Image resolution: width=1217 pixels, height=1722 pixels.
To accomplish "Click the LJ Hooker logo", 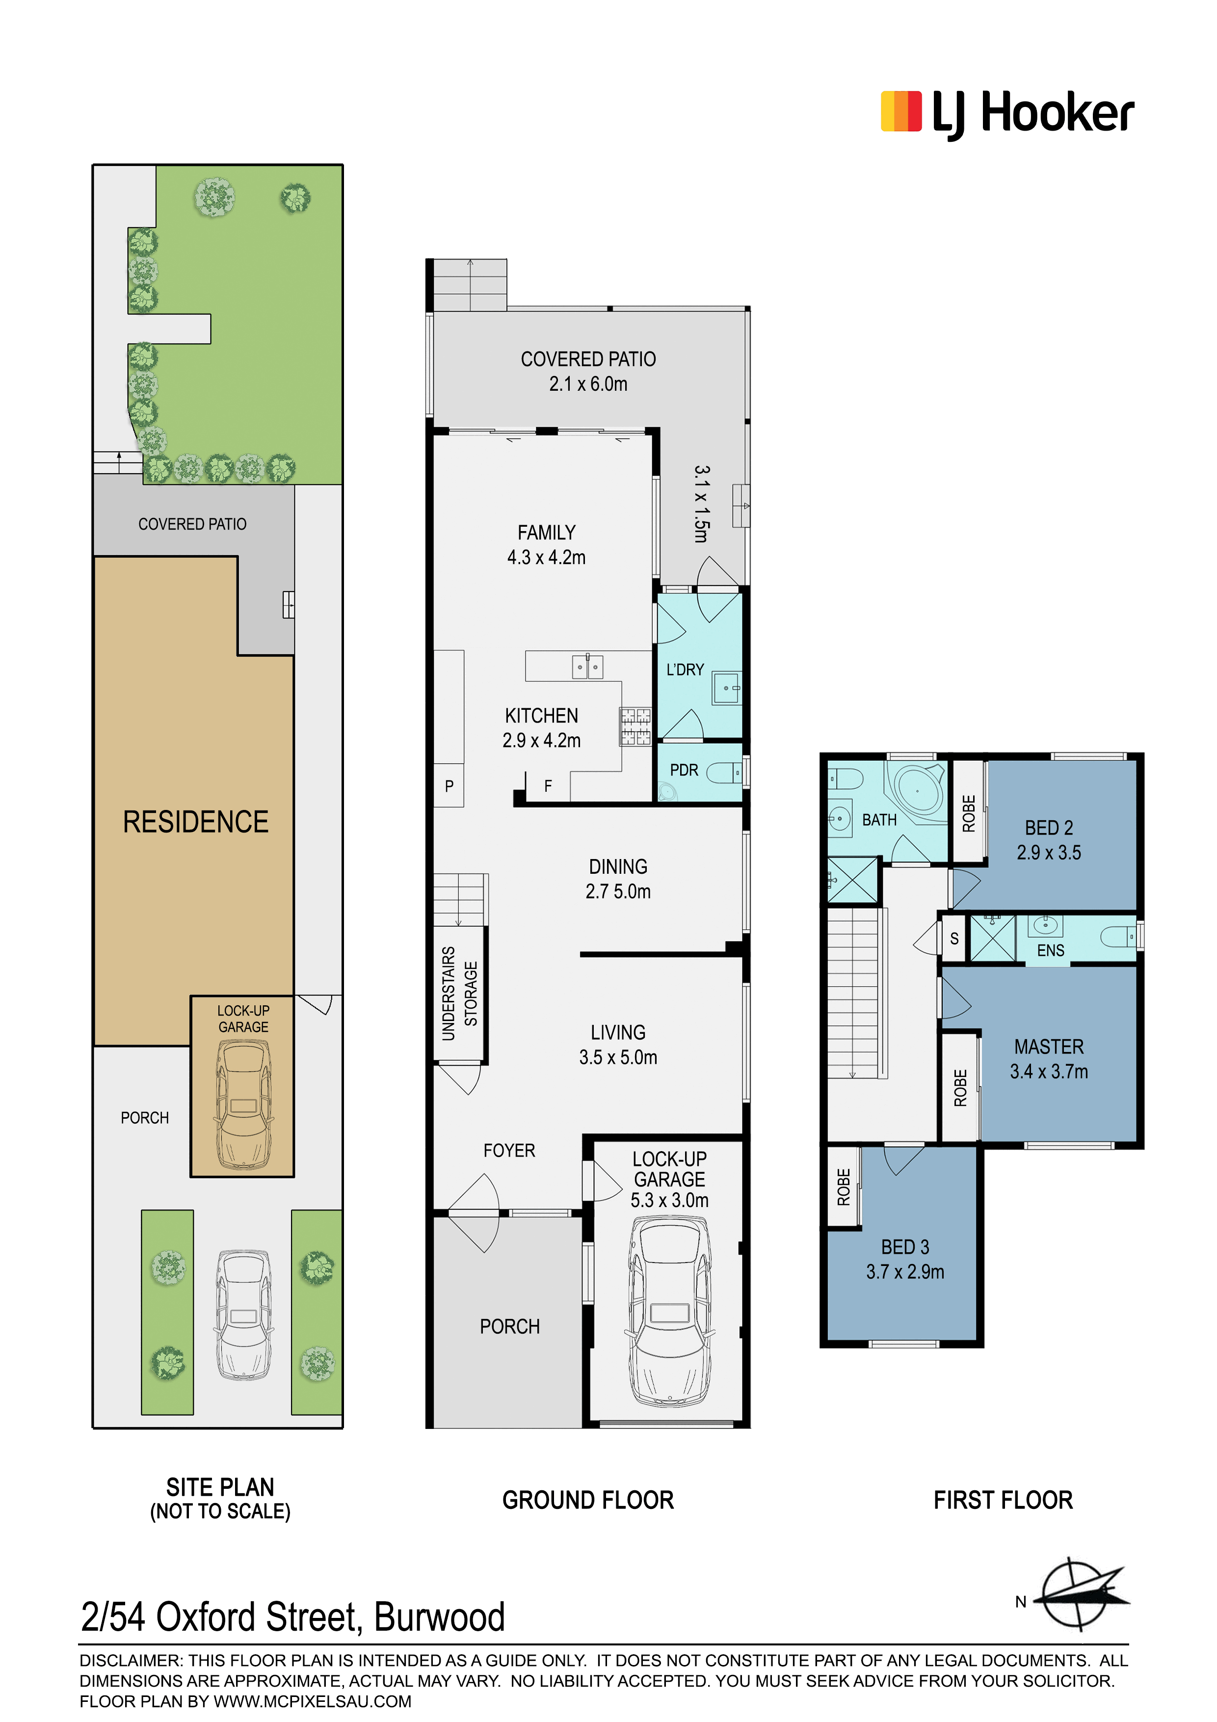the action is click(1006, 113).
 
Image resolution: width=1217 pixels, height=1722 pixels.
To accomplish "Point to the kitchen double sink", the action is click(587, 666).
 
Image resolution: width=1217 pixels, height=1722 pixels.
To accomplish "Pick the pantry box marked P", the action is click(449, 785).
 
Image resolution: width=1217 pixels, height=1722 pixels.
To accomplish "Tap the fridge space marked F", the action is click(548, 786).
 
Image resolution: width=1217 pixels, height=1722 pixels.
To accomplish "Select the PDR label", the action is click(684, 770).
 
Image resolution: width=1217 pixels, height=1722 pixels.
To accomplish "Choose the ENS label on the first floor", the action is click(1051, 950).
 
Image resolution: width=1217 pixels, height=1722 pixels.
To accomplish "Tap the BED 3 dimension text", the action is click(905, 1271).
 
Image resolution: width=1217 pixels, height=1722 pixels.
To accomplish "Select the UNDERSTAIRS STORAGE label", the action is click(459, 994).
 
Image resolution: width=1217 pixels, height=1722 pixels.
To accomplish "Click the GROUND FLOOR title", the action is click(588, 1500).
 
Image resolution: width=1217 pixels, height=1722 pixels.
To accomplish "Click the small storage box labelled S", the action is click(954, 938).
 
